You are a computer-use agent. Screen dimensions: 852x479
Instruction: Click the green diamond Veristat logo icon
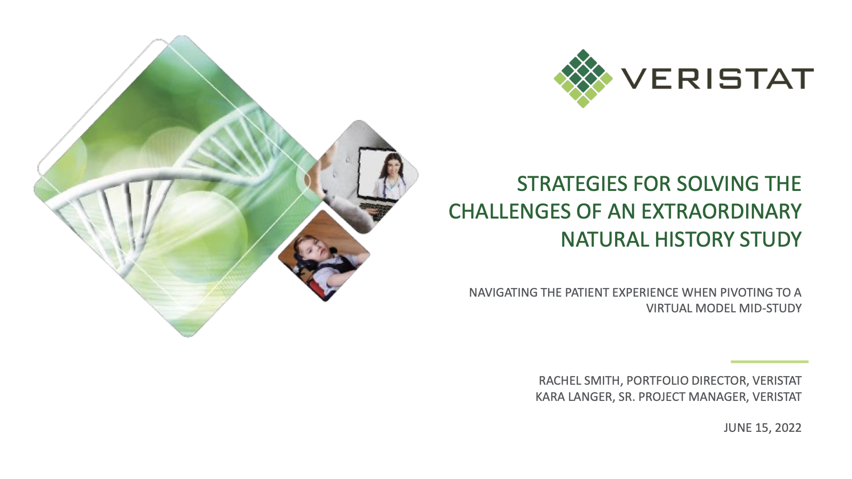click(583, 78)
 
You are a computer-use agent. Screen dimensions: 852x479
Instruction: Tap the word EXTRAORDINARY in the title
click(721, 212)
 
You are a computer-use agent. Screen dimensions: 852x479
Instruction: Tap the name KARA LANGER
click(574, 397)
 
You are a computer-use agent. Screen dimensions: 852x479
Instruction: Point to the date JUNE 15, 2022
click(762, 428)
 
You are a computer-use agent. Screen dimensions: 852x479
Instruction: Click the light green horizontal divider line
click(770, 362)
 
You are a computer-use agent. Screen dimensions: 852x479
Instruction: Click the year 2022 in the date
click(788, 428)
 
